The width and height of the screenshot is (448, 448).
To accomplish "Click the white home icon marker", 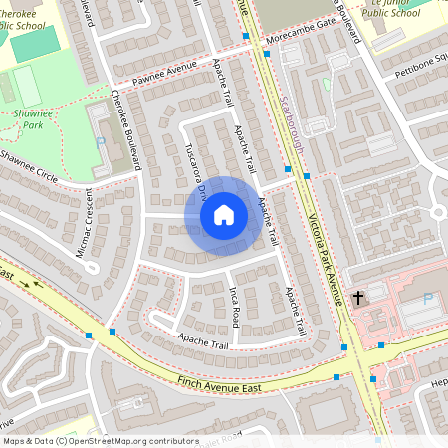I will pos(224,214).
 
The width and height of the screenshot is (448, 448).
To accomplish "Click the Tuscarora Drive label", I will pos(194,180).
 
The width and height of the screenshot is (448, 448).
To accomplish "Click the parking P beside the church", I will pos(429,298).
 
